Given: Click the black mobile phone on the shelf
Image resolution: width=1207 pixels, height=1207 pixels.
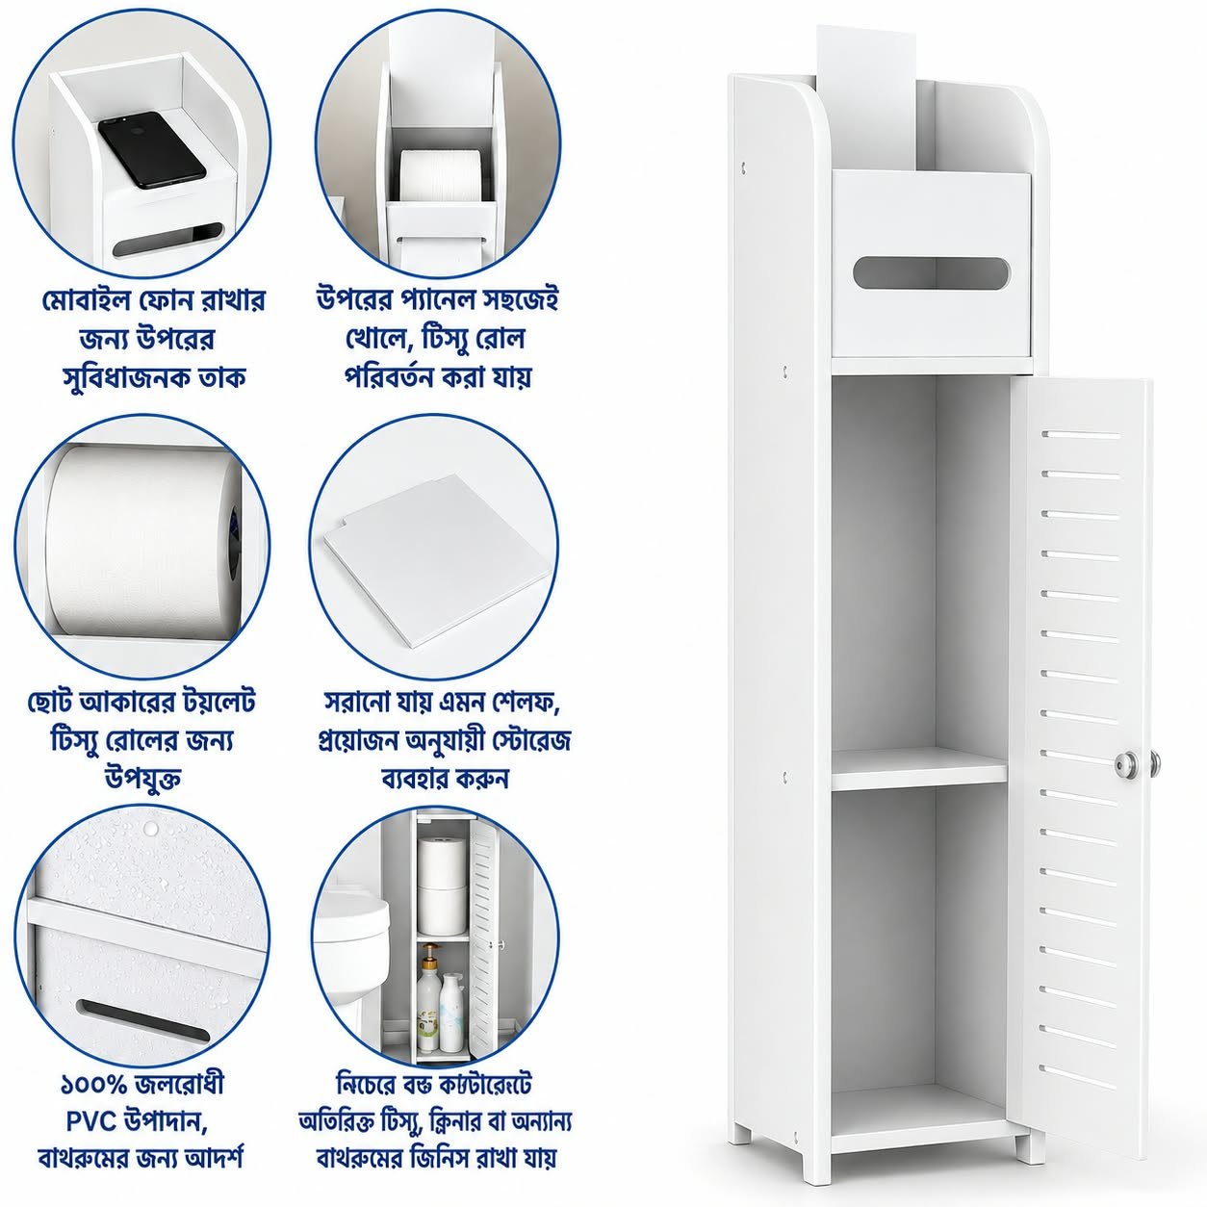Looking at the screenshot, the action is point(152,149).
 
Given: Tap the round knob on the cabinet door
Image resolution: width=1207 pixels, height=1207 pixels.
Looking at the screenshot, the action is point(1127,763).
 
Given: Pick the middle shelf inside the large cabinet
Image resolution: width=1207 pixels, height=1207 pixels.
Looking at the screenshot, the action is point(919,767).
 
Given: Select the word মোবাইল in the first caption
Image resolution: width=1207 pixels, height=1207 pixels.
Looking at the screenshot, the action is point(83,301).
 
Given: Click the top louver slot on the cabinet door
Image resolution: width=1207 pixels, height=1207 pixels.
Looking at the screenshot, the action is point(1081,434).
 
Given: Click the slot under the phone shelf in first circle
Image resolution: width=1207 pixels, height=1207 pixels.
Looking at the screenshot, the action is point(169,239).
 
